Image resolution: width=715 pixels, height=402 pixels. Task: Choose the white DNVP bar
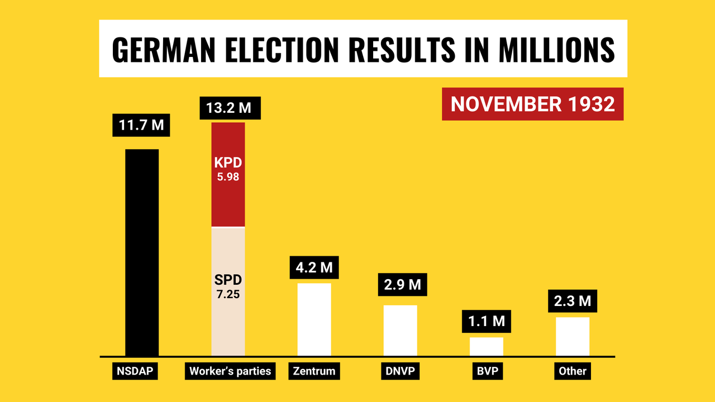coord(400,330)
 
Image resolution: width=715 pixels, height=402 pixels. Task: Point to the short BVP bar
coord(486,346)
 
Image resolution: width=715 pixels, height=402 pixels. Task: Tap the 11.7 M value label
coord(141,125)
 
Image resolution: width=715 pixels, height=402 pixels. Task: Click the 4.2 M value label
coord(314,267)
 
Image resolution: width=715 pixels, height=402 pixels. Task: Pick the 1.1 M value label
coord(486,321)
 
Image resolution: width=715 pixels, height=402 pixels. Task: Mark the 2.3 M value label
coord(573,301)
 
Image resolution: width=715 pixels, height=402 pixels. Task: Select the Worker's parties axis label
coord(230,371)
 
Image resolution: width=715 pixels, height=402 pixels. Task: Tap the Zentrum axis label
coord(314,371)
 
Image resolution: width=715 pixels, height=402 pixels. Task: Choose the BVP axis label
coord(486,371)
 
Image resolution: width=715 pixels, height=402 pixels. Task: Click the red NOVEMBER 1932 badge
coord(532,104)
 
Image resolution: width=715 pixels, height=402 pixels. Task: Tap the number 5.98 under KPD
coord(228,177)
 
